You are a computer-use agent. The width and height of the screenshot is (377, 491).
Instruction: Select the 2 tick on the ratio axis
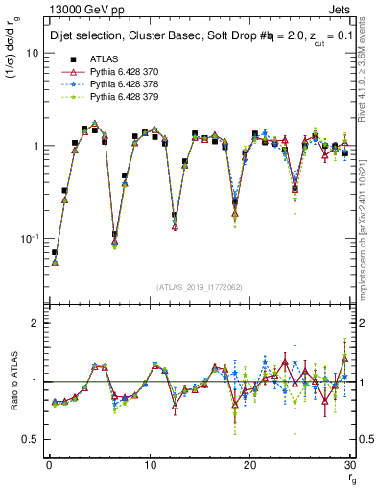click(36, 323)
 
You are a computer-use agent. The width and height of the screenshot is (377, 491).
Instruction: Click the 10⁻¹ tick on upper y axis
click(31, 238)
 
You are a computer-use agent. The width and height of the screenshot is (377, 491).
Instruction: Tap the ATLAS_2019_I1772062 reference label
click(199, 287)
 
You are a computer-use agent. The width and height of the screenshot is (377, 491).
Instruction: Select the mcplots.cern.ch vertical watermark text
click(367, 230)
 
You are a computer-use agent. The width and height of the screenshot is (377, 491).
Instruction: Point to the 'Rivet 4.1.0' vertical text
click(367, 67)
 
